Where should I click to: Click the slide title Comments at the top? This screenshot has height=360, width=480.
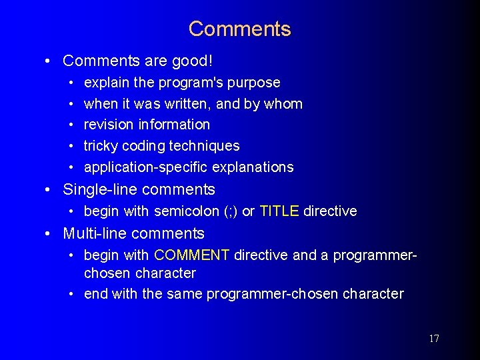coord(239,29)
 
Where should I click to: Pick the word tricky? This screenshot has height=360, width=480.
coord(101,146)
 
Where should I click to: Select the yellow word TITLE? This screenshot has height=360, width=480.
coord(279,211)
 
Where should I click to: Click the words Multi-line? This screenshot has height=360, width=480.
coord(93,233)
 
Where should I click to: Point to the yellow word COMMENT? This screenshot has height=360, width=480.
coord(192,255)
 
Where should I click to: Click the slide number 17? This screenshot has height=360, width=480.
coord(434,339)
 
